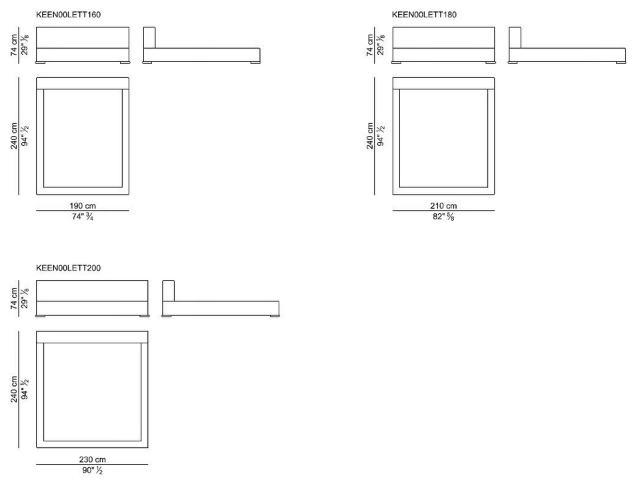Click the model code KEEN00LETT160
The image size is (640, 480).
pyautogui.click(x=68, y=15)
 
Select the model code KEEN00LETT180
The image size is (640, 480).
pyautogui.click(x=424, y=15)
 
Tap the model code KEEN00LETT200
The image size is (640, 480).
pyautogui.click(x=68, y=268)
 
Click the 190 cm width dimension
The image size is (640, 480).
pyautogui.click(x=83, y=206)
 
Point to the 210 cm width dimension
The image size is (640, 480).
pyautogui.click(x=443, y=206)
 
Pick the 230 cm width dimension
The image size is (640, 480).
pyautogui.click(x=92, y=459)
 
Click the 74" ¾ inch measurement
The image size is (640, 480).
pyautogui.click(x=83, y=217)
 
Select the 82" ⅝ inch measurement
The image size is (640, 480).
pyautogui.click(x=443, y=217)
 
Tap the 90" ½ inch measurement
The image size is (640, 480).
pyautogui.click(x=92, y=470)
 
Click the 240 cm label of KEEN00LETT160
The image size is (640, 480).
pyautogui.click(x=14, y=136)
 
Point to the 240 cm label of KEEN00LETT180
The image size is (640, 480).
pyautogui.click(x=370, y=136)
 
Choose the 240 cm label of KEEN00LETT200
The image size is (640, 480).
pyautogui.click(x=14, y=389)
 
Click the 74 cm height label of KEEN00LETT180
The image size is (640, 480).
pyautogui.click(x=370, y=45)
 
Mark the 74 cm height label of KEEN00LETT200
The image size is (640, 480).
pyautogui.click(x=14, y=299)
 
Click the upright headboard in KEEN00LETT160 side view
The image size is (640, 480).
pyautogui.click(x=149, y=37)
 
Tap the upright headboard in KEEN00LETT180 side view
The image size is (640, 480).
pyautogui.click(x=515, y=37)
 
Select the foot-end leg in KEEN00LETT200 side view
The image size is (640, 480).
pyautogui.click(x=274, y=316)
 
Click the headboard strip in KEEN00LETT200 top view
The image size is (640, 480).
pyautogui.click(x=92, y=337)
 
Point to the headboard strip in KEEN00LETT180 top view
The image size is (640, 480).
pyautogui.click(x=444, y=83)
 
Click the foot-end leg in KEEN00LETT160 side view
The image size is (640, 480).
pyautogui.click(x=255, y=63)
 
